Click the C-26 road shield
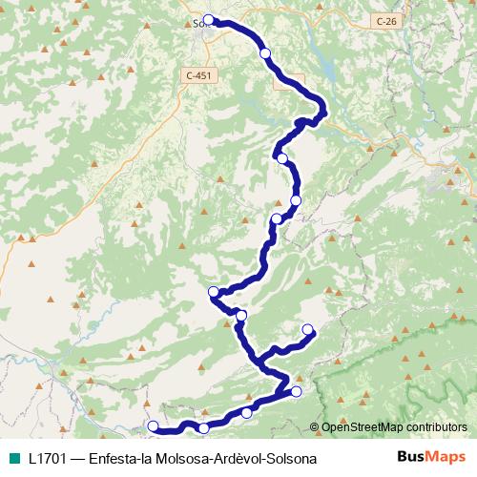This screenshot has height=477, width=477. click(384, 20)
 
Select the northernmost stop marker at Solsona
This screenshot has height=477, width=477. click(208, 20)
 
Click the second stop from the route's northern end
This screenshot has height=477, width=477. click(265, 53)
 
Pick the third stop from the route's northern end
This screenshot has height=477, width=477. click(281, 158)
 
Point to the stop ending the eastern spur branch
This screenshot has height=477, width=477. click(308, 330)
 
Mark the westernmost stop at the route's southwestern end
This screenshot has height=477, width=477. click(153, 426)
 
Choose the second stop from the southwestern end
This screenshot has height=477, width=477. click(203, 425)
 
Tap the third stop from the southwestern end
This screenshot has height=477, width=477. click(247, 412)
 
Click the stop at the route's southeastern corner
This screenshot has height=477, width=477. click(296, 391)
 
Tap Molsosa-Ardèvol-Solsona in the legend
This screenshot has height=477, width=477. click(238, 457)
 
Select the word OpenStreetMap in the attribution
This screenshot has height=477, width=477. click(363, 426)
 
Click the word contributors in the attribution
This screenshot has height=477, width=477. click(435, 426)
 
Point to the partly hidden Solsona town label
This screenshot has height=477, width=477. click(198, 23)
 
